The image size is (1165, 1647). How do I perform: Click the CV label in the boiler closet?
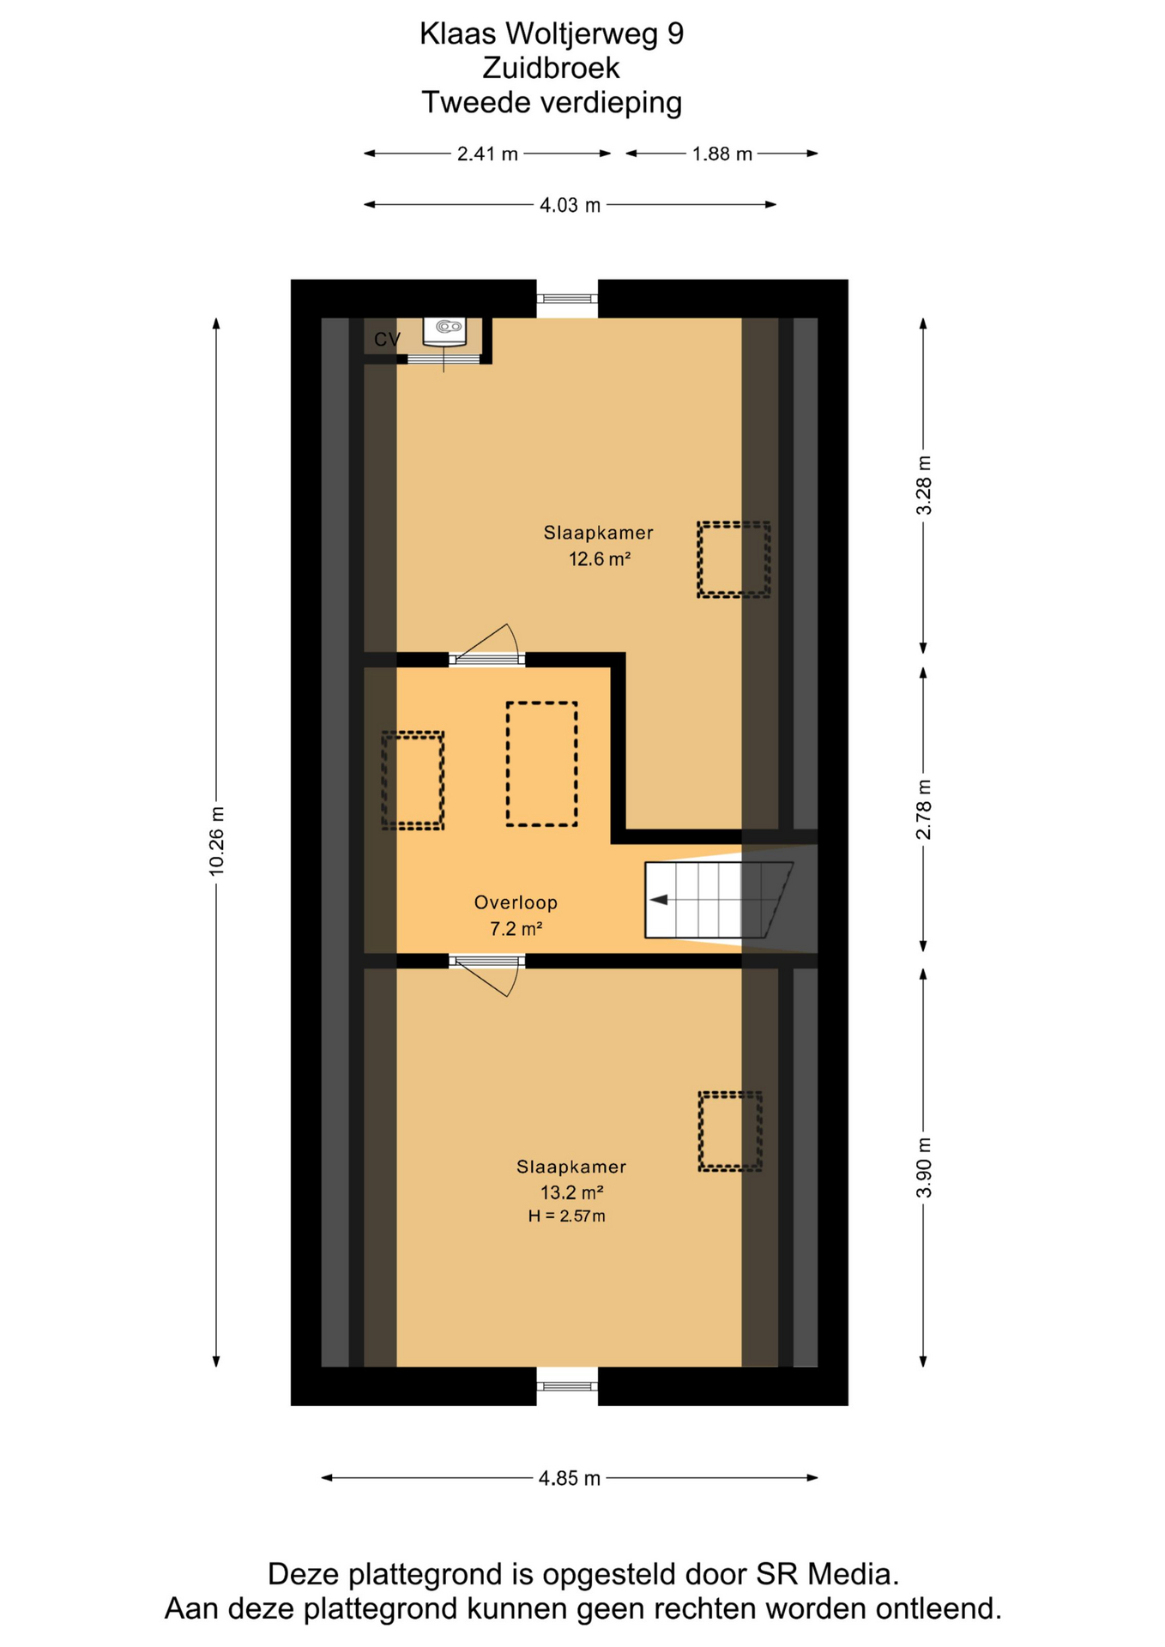coord(387,340)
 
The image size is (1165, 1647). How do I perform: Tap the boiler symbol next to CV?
coord(444,331)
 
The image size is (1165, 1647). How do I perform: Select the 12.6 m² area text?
coord(600,559)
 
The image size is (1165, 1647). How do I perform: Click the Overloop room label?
coord(516,902)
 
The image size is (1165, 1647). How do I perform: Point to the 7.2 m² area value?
coord(516,928)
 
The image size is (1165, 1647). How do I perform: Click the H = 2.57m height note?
coord(566,1216)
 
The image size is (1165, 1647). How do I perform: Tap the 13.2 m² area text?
coord(571,1192)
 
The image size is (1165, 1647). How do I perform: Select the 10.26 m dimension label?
coord(216,842)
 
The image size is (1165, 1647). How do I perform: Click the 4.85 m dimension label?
coord(570,1478)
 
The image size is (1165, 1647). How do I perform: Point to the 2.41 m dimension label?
coord(487,154)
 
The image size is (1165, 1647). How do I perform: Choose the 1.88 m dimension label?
coord(722,154)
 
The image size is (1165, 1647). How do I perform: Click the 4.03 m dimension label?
coord(570,205)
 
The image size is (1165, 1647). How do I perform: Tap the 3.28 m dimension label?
coord(924,486)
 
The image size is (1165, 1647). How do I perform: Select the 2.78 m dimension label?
coord(924,811)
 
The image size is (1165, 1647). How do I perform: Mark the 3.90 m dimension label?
coord(924,1167)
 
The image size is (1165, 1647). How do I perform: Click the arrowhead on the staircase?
coord(659,900)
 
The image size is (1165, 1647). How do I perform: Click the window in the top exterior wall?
coord(567,299)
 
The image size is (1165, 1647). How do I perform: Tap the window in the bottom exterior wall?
coord(567,1385)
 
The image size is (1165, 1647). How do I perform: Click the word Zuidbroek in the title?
coord(552,68)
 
